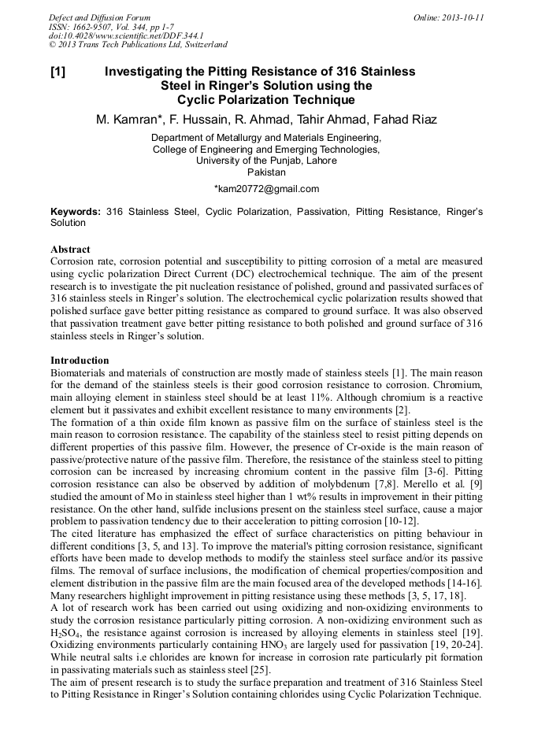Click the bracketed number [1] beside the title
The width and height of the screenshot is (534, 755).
57,72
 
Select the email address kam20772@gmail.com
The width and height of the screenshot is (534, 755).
266,189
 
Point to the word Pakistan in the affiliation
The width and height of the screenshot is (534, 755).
266,172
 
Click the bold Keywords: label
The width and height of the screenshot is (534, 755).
76,212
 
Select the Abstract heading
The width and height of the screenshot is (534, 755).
70,249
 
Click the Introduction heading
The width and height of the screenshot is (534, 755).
80,360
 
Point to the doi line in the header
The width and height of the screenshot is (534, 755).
126,35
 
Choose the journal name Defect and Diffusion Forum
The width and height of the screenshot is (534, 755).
99,17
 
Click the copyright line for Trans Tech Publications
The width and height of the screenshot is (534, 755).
138,45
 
